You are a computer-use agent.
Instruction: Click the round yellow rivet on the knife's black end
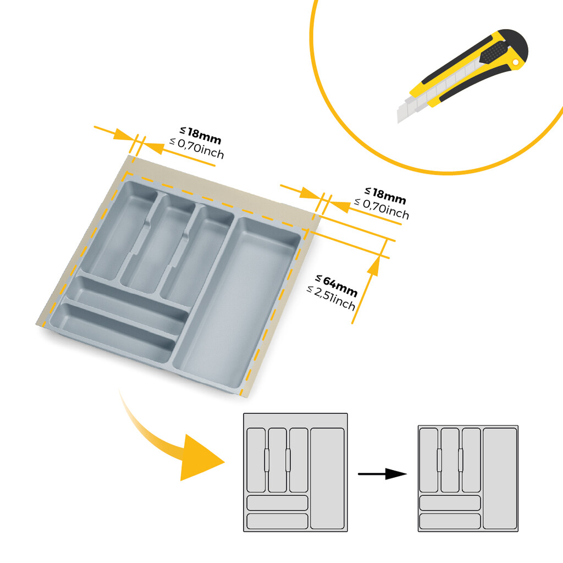(x=515, y=64)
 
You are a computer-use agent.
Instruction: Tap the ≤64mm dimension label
(x=336, y=286)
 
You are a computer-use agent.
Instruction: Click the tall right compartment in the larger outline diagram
(x=327, y=478)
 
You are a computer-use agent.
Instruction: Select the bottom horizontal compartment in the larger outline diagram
(x=277, y=521)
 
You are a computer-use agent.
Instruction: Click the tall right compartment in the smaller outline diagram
(x=499, y=478)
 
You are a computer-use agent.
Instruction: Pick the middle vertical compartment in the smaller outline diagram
(x=450, y=460)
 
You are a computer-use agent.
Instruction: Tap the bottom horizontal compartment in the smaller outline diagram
(x=450, y=521)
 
